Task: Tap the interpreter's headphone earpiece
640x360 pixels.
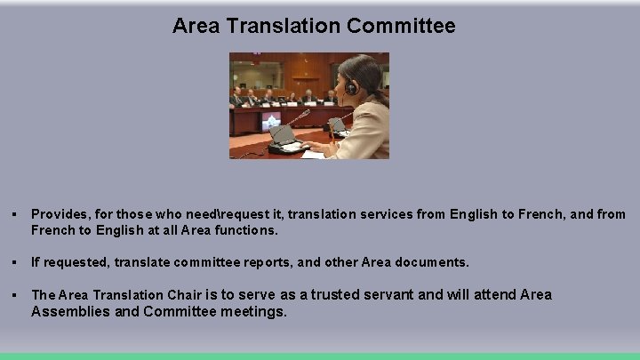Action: tap(351, 86)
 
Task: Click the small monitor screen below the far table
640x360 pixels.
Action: tap(271, 120)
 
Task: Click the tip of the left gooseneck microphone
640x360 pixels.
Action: tap(308, 112)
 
